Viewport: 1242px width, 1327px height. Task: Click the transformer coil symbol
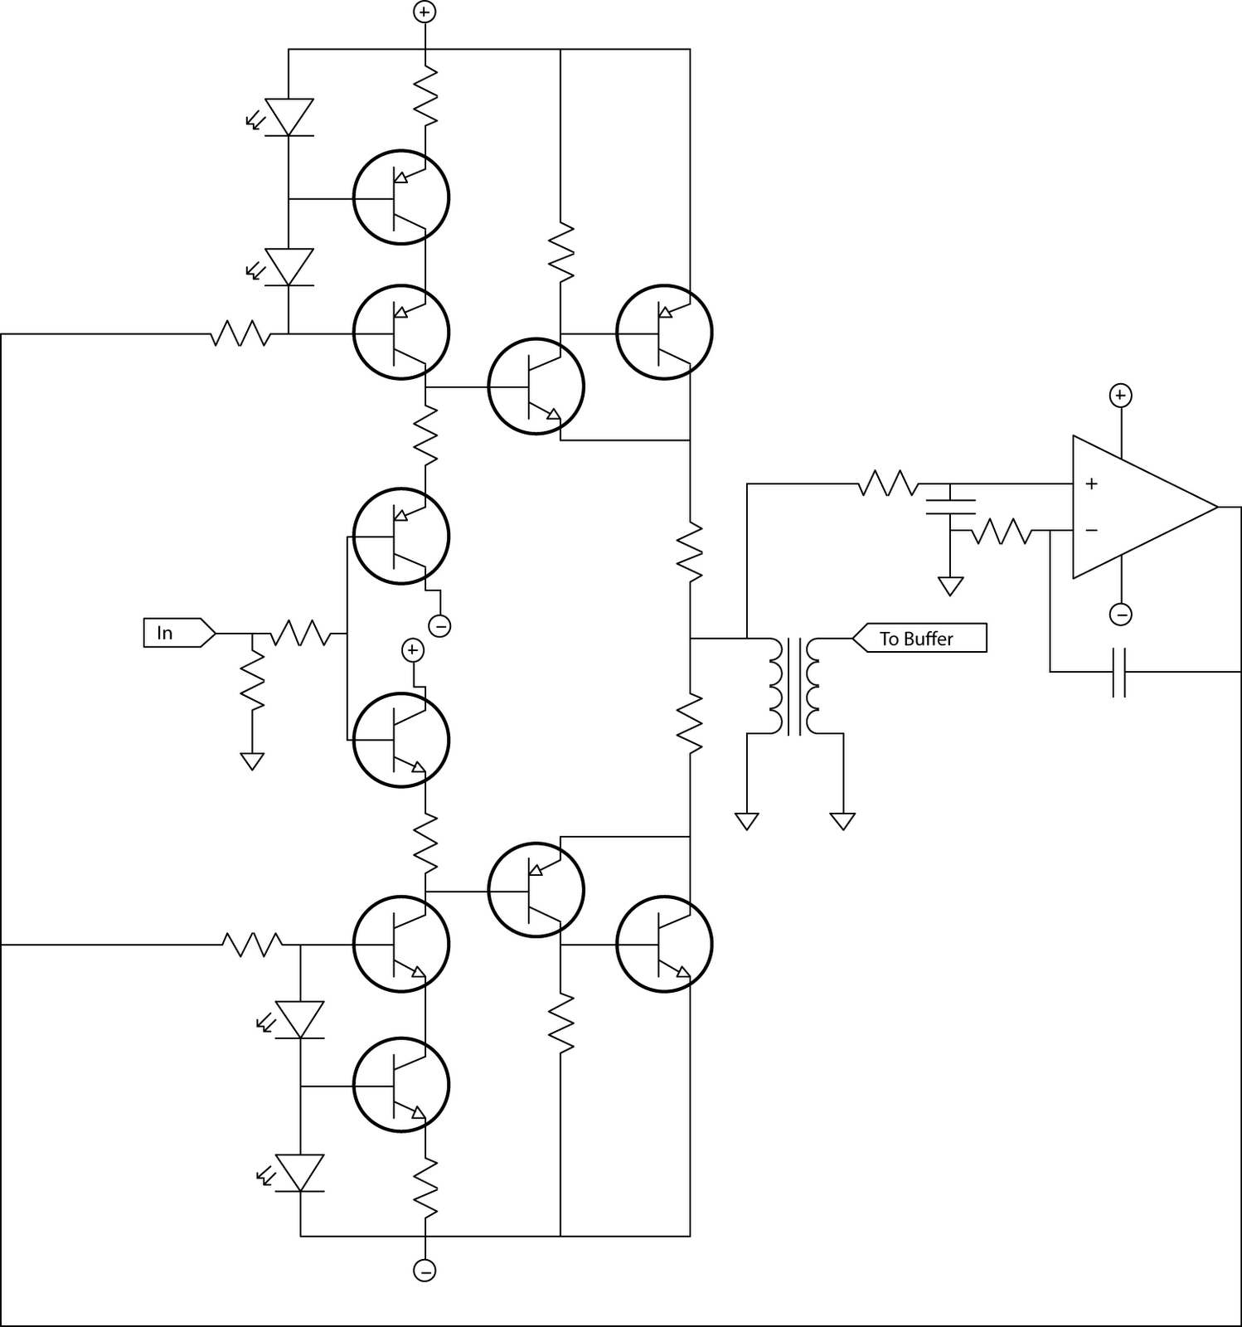tap(793, 686)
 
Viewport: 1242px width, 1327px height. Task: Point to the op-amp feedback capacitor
tap(1118, 672)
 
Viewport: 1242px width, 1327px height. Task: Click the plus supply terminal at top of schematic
tap(425, 12)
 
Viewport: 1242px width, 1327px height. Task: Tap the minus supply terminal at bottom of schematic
tap(425, 1270)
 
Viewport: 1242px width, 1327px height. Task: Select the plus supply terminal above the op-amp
tap(1120, 396)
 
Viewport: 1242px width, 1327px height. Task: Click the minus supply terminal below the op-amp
tap(1120, 615)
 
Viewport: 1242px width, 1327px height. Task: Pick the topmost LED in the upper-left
tap(289, 117)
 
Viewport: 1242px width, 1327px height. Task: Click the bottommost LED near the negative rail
tap(299, 1174)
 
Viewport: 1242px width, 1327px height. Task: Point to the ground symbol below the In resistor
tap(252, 761)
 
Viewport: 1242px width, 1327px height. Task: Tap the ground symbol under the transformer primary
tap(747, 821)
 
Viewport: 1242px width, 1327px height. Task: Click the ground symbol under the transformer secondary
tap(842, 821)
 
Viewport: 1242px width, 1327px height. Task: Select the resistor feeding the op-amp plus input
tap(887, 484)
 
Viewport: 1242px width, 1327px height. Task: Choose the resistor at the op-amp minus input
tap(1001, 531)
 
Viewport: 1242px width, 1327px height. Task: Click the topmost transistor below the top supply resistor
tap(401, 197)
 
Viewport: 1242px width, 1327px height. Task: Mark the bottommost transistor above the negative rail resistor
tap(401, 1085)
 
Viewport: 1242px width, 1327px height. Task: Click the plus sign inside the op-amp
tap(1092, 484)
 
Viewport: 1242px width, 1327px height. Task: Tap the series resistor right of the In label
tap(300, 634)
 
